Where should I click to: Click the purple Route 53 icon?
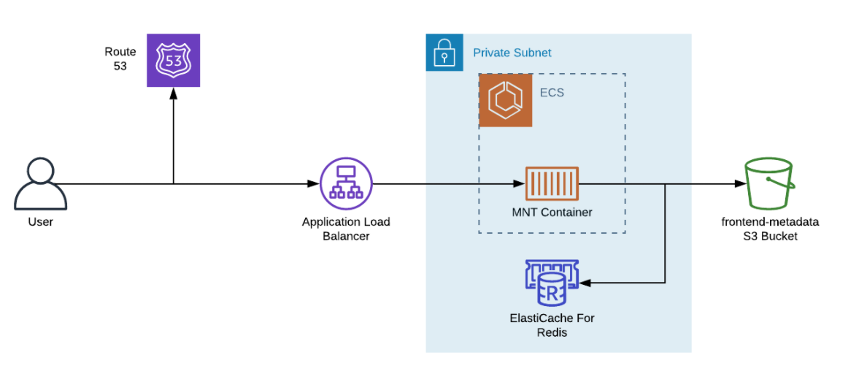[x=174, y=61]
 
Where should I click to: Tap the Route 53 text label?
[x=120, y=58]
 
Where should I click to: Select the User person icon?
[x=41, y=185]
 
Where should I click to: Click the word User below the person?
[x=41, y=221]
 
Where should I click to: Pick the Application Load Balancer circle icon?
[x=346, y=184]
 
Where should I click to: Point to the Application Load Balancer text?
[x=346, y=229]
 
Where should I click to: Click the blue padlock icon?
[x=444, y=53]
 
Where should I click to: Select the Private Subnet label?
[x=512, y=53]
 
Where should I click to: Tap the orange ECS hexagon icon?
[x=505, y=101]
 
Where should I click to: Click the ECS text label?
[x=552, y=93]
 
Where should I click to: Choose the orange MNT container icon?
[x=552, y=184]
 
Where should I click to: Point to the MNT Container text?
[x=552, y=213]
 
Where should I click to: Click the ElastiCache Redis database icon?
[x=552, y=283]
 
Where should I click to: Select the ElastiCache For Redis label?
[x=552, y=325]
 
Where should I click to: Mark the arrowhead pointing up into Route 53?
[x=174, y=93]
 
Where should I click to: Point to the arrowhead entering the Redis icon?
[x=586, y=283]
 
